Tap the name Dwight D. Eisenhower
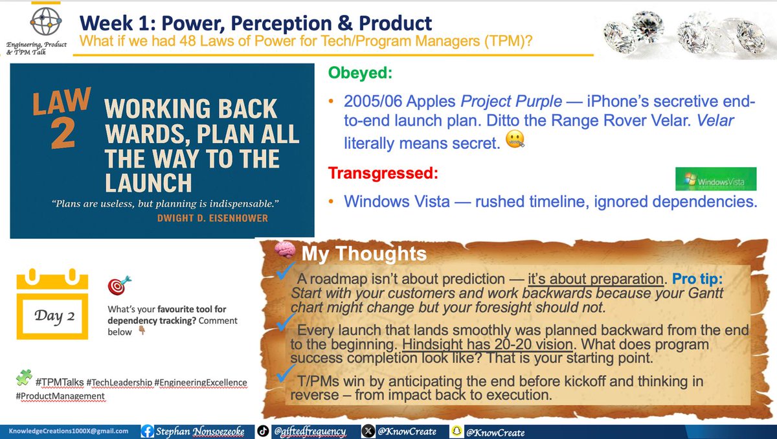pyautogui.click(x=212, y=218)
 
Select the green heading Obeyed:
pyautogui.click(x=360, y=73)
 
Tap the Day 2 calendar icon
pyautogui.click(x=52, y=304)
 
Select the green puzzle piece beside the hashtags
pyautogui.click(x=23, y=377)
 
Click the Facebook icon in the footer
pyautogui.click(x=147, y=431)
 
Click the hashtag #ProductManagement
pyautogui.click(x=61, y=396)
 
